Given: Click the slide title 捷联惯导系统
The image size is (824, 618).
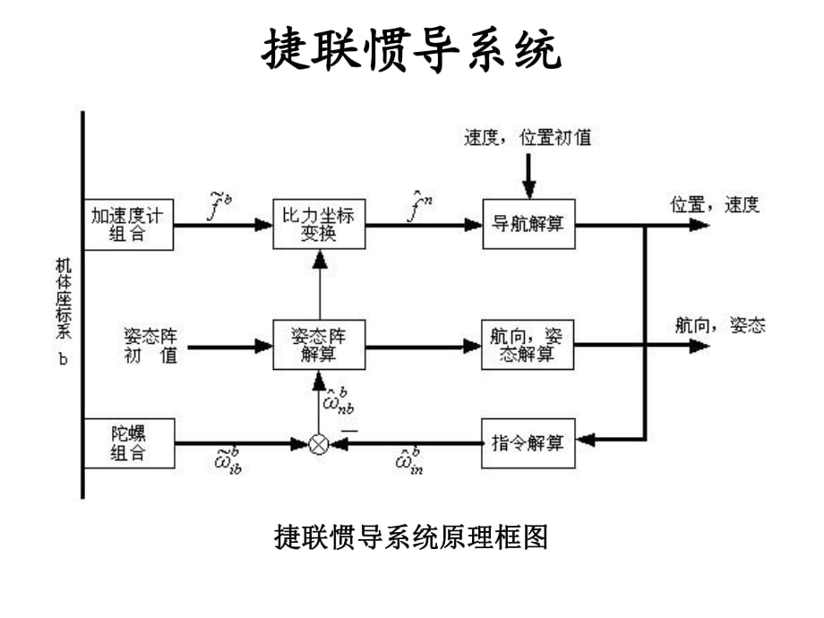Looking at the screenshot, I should (x=411, y=50).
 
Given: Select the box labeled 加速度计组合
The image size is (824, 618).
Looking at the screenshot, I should (x=131, y=224).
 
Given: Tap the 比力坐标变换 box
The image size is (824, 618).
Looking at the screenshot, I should (x=320, y=224).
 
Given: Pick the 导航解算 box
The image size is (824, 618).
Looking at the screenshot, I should (x=528, y=224).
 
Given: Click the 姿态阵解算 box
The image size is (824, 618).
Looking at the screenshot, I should (x=320, y=345).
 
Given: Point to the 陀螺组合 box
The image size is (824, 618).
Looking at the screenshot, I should (x=129, y=442).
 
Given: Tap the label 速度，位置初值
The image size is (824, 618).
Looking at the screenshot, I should (x=528, y=138).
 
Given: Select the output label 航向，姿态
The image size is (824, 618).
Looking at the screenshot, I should (x=720, y=325).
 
